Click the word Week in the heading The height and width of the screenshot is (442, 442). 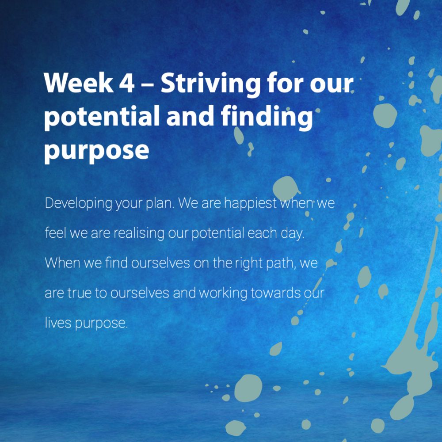pyautogui.click(x=79, y=83)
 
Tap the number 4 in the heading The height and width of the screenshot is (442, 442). pyautogui.click(x=127, y=83)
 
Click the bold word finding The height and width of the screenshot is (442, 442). pyautogui.click(x=267, y=118)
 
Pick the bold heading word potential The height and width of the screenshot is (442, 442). pyautogui.click(x=102, y=117)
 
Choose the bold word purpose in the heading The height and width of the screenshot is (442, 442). pyautogui.click(x=96, y=151)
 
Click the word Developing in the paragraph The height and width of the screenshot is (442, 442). pyautogui.click(x=79, y=203)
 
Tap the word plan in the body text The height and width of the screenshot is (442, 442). pyautogui.click(x=160, y=203)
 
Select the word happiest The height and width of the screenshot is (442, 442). pyautogui.click(x=250, y=203)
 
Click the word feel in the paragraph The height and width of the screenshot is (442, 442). pyautogui.click(x=55, y=232)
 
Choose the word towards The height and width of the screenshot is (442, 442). pyautogui.click(x=275, y=293)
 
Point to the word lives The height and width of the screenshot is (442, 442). pyautogui.click(x=58, y=323)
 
